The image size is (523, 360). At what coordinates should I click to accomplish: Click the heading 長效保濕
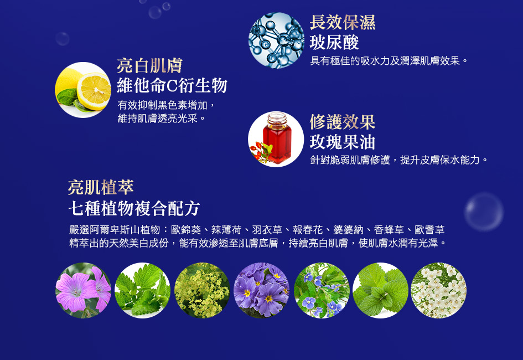(343, 22)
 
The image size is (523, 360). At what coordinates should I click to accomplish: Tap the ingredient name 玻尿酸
(334, 43)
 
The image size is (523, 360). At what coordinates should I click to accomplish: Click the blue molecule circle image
(276, 40)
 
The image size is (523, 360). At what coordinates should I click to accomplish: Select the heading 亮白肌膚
(150, 65)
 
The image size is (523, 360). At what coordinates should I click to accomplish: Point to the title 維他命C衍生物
(172, 85)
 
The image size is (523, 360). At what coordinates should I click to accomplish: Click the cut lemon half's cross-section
(94, 91)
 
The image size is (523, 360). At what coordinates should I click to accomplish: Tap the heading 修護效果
(343, 121)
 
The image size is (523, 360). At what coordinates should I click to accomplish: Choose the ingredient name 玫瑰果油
(343, 142)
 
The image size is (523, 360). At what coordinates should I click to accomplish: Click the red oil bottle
(277, 138)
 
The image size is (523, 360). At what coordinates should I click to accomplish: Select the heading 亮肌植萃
(101, 187)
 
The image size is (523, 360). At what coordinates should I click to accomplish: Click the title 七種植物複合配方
(134, 208)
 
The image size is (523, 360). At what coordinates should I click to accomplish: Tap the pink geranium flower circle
(84, 290)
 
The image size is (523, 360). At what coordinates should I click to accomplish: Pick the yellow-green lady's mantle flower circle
(202, 290)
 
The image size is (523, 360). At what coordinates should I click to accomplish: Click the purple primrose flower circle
(261, 290)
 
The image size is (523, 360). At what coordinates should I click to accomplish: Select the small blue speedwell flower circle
(322, 290)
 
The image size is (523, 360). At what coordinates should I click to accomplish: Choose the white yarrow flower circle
(439, 290)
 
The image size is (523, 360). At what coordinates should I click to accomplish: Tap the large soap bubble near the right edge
(484, 212)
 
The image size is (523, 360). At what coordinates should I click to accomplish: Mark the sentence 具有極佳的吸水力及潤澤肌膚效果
(385, 61)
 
